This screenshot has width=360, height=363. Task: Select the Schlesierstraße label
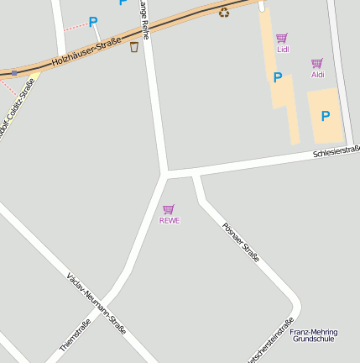(336, 151)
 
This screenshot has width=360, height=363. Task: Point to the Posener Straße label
(241, 242)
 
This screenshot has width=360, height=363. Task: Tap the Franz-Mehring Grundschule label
(313, 334)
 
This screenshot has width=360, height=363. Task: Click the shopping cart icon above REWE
(169, 209)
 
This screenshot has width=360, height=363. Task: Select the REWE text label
(170, 221)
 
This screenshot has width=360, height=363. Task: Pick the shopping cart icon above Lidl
(282, 38)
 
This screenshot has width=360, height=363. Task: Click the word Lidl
(282, 50)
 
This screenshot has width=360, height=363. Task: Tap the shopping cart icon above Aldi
(317, 63)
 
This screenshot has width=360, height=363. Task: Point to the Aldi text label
(317, 75)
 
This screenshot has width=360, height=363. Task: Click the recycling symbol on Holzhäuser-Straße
(224, 12)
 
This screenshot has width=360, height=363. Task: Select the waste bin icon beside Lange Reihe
(134, 46)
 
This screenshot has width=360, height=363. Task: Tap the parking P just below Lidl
(278, 78)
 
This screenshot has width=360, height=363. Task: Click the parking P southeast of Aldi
(326, 116)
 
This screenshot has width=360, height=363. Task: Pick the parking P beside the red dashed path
(93, 22)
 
